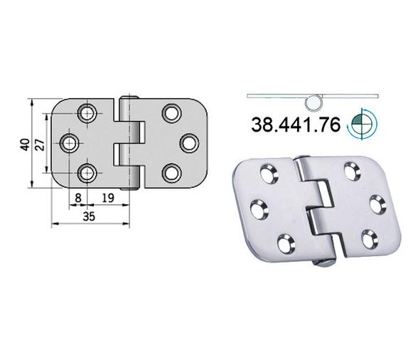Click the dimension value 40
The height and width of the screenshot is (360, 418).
(24, 144)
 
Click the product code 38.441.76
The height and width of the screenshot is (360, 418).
(296, 125)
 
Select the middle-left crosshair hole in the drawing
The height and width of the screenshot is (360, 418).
(70, 143)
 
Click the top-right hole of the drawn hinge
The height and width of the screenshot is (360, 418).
(171, 112)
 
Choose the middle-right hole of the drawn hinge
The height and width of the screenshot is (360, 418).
(189, 142)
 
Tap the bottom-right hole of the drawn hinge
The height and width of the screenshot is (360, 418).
(171, 172)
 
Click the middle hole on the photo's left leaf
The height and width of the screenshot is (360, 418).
(259, 209)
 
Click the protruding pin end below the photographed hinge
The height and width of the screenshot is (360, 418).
(325, 264)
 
